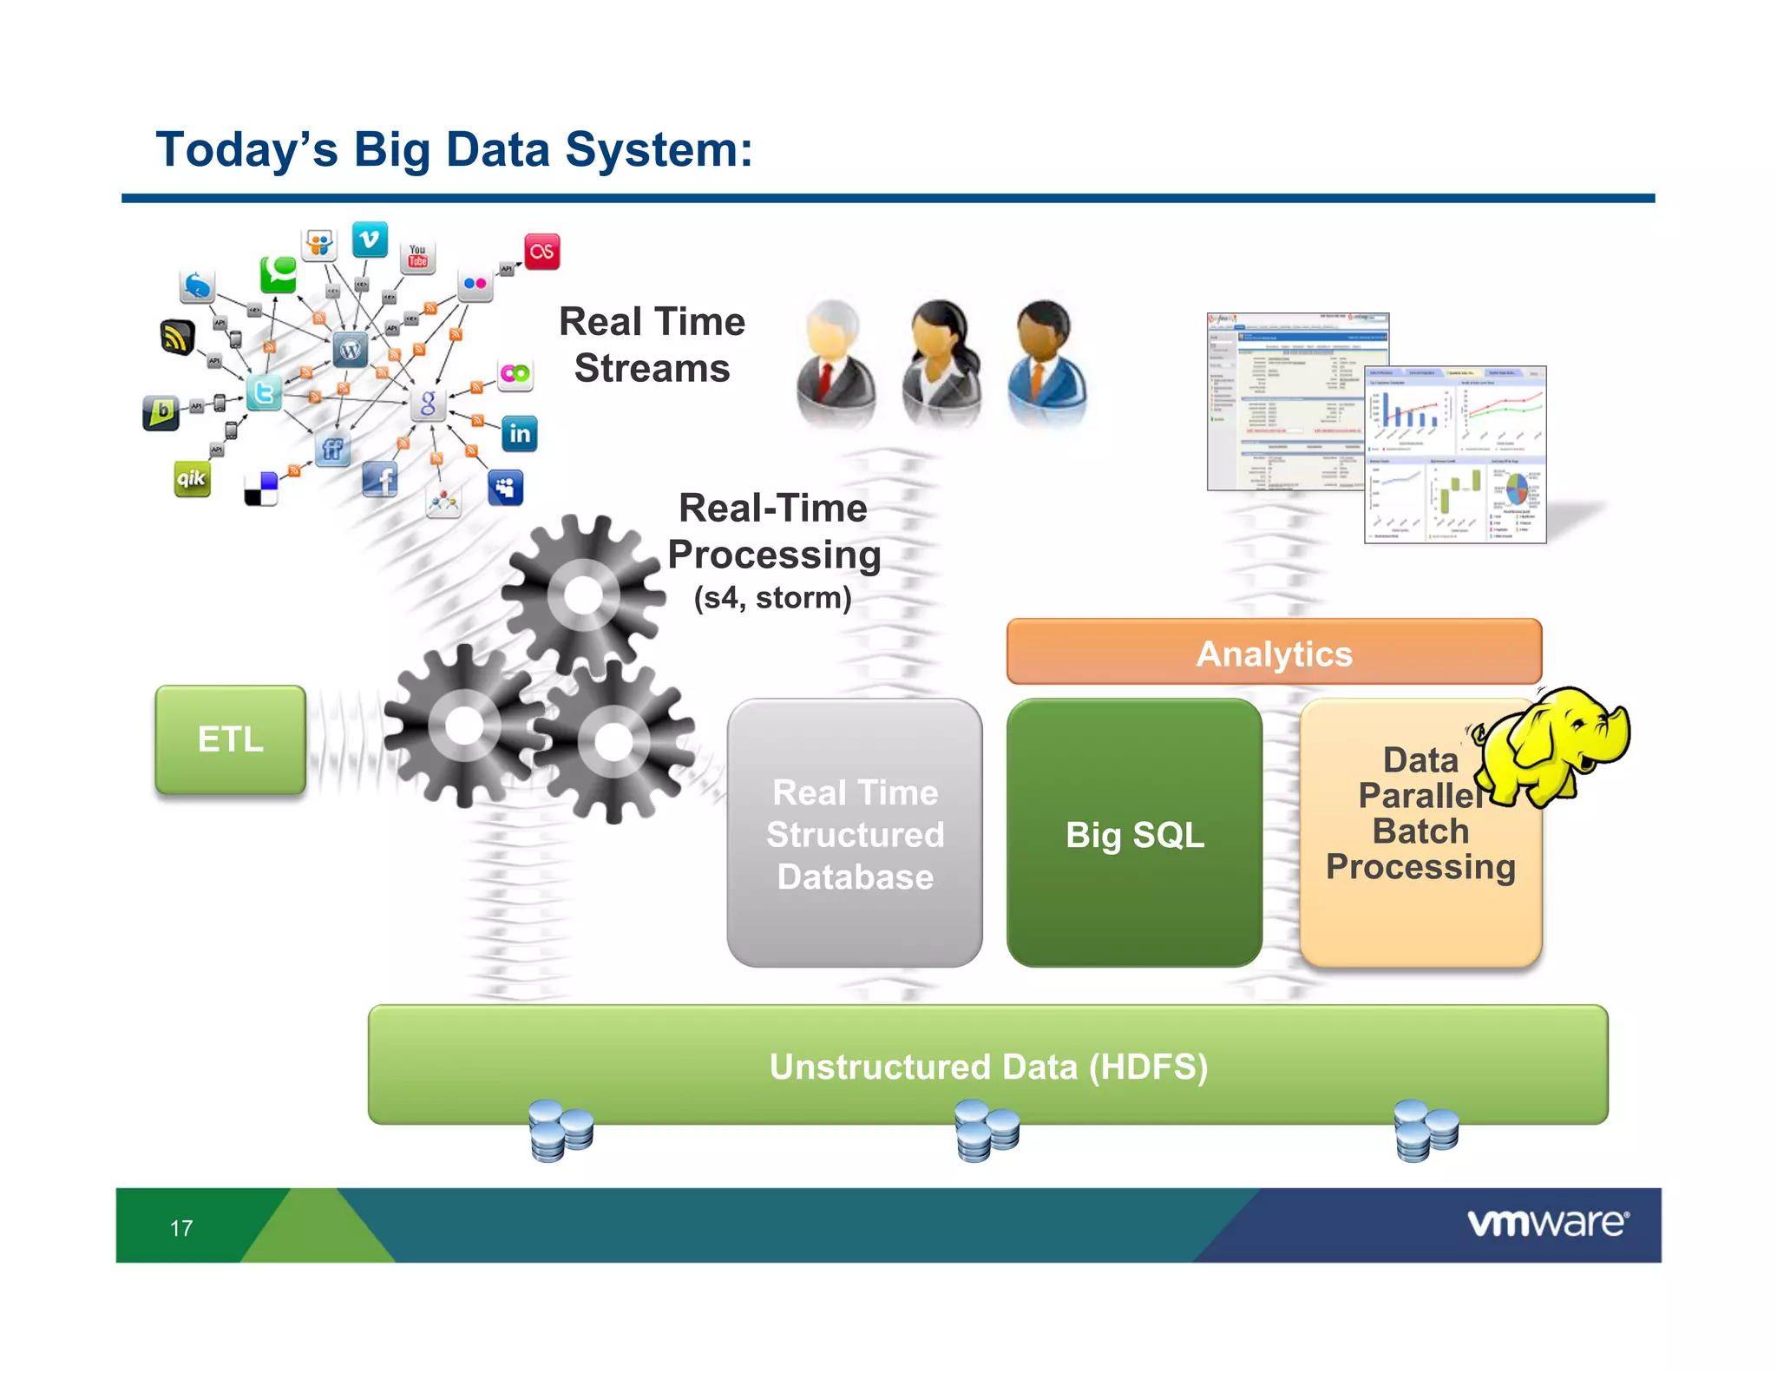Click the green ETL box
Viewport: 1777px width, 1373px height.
230,739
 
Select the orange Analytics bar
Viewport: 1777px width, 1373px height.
1274,653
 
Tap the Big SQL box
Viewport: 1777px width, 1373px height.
1134,833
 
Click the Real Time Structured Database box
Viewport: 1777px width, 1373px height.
855,833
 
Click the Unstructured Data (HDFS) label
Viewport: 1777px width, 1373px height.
987,1067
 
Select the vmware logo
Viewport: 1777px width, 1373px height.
1547,1223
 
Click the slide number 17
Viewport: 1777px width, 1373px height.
181,1228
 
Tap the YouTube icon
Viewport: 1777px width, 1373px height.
418,256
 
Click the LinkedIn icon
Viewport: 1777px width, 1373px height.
519,433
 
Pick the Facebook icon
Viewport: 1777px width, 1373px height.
380,479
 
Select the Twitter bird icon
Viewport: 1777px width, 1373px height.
264,393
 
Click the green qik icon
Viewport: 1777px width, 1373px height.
192,478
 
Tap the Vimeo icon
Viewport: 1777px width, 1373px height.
370,240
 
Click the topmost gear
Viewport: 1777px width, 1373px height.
582,595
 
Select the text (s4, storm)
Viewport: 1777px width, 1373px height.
772,598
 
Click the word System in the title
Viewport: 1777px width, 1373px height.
658,149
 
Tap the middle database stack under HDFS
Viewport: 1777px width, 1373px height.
987,1130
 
